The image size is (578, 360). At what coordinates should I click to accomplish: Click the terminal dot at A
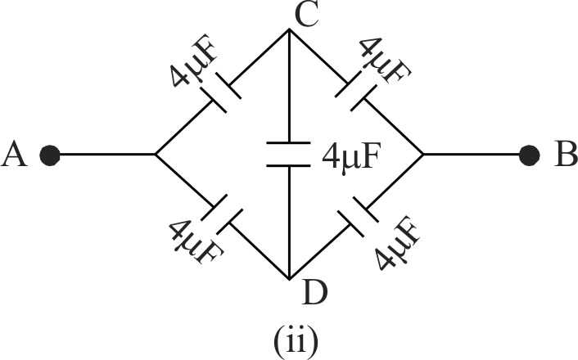click(51, 155)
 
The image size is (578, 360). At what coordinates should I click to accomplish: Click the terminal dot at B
click(530, 155)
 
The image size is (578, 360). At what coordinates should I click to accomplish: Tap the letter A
click(16, 155)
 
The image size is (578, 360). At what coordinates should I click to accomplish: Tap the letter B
click(563, 155)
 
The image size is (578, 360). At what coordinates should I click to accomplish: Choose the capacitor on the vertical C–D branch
click(289, 155)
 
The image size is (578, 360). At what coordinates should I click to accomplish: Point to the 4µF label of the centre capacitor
click(351, 155)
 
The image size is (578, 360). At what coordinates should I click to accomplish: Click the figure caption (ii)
click(290, 337)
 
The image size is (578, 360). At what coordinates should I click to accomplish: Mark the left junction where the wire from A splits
click(156, 155)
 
